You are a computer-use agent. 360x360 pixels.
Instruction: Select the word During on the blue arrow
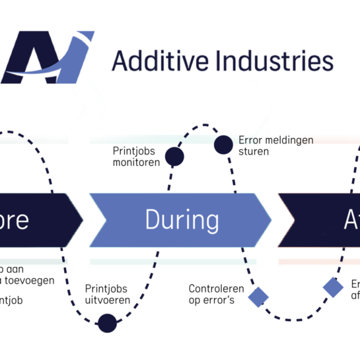click(x=182, y=219)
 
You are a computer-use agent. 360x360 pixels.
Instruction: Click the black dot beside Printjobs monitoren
click(x=174, y=157)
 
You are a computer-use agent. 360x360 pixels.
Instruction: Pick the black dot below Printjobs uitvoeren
click(x=106, y=323)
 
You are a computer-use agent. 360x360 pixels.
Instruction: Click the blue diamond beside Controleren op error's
click(x=258, y=297)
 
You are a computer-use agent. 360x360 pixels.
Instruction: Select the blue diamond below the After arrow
click(x=333, y=287)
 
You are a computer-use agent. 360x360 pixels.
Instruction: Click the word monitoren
click(x=136, y=162)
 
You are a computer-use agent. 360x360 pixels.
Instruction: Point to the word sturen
click(x=254, y=151)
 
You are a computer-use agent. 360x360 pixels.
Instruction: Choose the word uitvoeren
click(x=107, y=300)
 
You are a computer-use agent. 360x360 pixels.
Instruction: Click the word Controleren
click(x=216, y=289)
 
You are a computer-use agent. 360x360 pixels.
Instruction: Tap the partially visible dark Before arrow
click(x=33, y=219)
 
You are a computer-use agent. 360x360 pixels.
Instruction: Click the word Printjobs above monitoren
click(x=137, y=151)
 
